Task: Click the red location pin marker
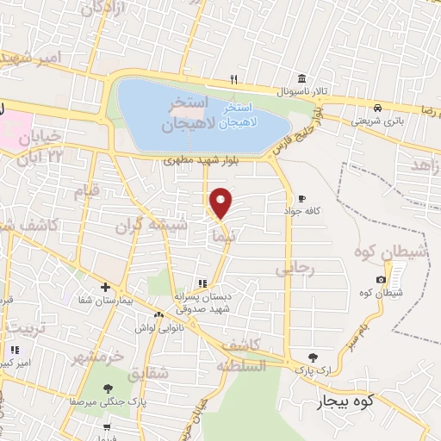point(221,202)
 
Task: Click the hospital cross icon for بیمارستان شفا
point(105,286)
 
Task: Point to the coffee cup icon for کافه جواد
point(301,197)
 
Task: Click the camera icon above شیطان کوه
point(381,279)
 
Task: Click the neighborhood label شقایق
point(147,376)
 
